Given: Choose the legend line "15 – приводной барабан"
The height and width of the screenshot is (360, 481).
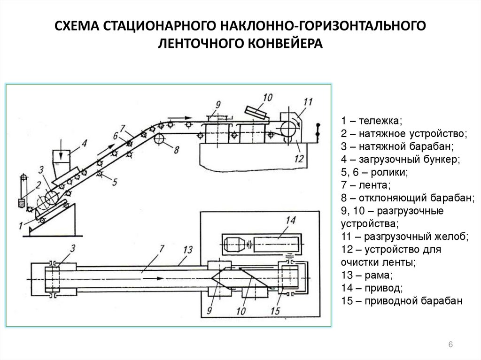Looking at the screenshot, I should pyautogui.click(x=403, y=301).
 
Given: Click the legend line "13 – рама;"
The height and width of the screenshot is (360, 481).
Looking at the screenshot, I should pyautogui.click(x=368, y=276).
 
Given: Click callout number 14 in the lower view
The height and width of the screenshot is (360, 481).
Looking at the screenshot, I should pyautogui.click(x=291, y=220).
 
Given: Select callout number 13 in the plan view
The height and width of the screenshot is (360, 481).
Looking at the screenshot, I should pyautogui.click(x=188, y=250).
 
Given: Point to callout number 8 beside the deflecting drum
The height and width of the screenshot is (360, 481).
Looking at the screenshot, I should pyautogui.click(x=176, y=150).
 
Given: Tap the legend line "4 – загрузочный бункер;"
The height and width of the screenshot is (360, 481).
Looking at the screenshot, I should pyautogui.click(x=396, y=159).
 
